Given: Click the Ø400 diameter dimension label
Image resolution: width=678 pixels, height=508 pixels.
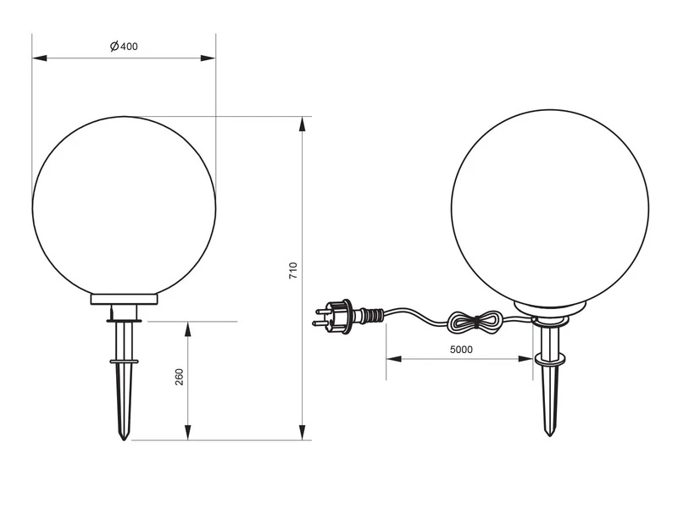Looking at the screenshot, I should click(124, 47).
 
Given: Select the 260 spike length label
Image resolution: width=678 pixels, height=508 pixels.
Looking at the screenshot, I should click(179, 377).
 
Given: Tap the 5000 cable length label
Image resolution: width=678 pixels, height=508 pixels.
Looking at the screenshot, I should click(461, 349).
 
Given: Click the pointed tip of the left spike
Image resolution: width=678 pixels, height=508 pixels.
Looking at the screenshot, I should click(125, 438).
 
